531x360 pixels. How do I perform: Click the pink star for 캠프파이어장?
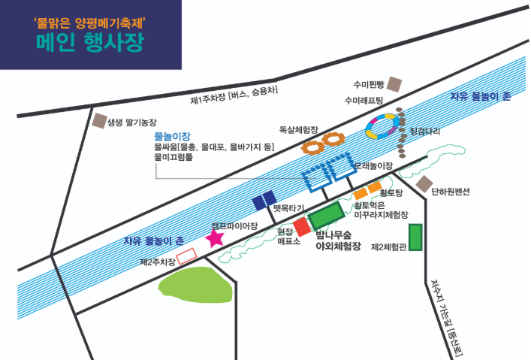[x=215, y=238]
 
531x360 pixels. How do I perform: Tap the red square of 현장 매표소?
[x=302, y=225]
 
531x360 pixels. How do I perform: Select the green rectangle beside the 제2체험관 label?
[x=415, y=237]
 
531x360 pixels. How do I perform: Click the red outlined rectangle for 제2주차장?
[x=186, y=256]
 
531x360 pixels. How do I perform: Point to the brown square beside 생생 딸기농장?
[x=98, y=120]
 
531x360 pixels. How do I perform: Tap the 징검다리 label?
[x=426, y=131]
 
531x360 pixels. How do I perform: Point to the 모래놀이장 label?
[x=374, y=165]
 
